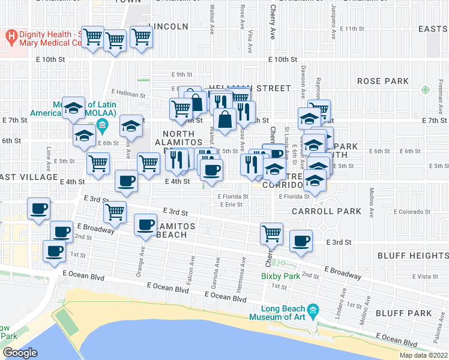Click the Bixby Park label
pyautogui.click(x=280, y=277)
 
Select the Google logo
pyautogui.click(x=19, y=352)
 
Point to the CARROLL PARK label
pyautogui.click(x=327, y=211)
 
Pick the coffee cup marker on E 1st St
pyautogui.click(x=54, y=251)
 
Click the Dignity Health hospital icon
pyautogui.click(x=11, y=37)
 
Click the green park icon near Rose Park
pyautogui.click(x=426, y=90)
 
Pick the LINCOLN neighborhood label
pyautogui.click(x=172, y=27)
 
